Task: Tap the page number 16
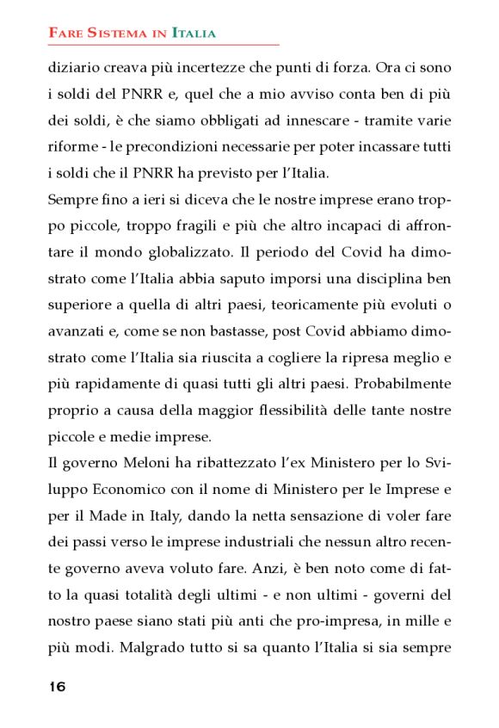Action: [58, 686]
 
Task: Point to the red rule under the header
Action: [163, 45]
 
